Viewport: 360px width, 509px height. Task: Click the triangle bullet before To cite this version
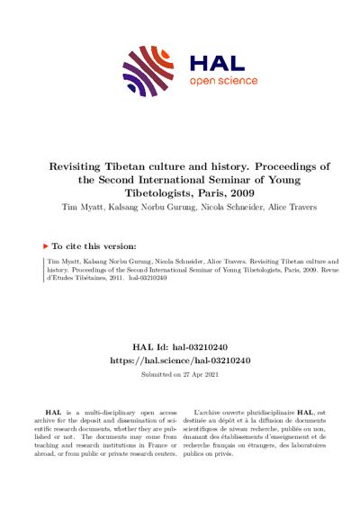point(47,245)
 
